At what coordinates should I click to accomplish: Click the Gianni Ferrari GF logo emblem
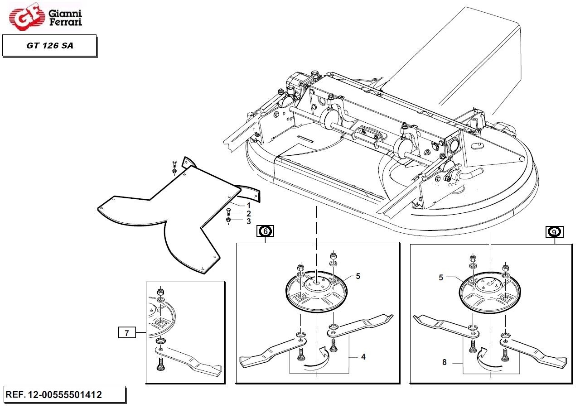(x=26, y=16)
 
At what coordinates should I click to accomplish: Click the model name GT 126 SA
(x=50, y=46)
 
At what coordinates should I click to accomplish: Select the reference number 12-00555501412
(x=65, y=394)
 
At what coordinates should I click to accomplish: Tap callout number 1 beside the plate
(x=249, y=206)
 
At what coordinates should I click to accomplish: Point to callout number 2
(x=249, y=214)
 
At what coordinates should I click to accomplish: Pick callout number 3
(x=249, y=221)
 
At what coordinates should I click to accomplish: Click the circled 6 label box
(x=265, y=231)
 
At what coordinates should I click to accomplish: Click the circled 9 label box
(x=554, y=232)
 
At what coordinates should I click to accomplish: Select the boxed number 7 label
(x=127, y=333)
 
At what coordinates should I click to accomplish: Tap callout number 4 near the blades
(x=363, y=357)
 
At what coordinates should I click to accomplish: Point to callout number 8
(x=445, y=362)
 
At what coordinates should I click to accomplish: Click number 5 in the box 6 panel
(x=358, y=276)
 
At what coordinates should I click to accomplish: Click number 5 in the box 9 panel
(x=441, y=278)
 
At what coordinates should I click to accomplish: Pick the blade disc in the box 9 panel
(x=490, y=310)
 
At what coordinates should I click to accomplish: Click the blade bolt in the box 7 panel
(x=160, y=363)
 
